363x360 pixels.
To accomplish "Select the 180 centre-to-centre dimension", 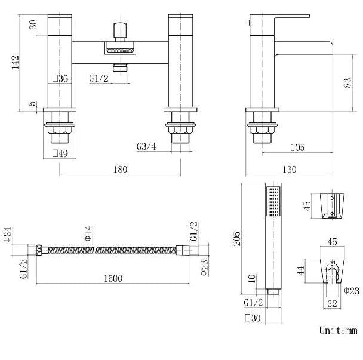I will click(x=120, y=170).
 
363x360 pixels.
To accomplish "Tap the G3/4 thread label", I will click(x=146, y=146).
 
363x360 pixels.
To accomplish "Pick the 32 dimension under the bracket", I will click(x=333, y=303).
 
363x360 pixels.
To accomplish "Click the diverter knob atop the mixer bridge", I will click(x=121, y=29).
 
